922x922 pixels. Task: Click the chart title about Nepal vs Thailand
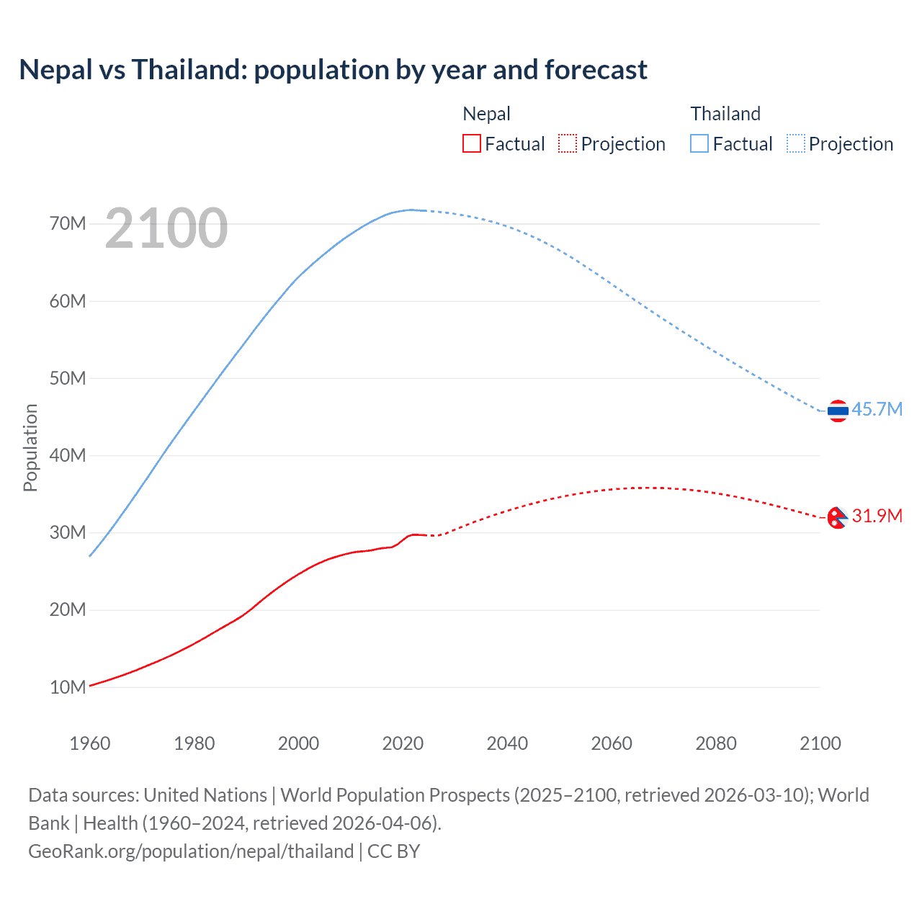(x=333, y=70)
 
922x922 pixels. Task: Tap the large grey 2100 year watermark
(x=166, y=228)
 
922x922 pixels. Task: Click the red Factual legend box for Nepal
(x=471, y=143)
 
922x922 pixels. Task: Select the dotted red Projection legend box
(x=568, y=143)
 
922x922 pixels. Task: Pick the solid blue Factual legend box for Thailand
(x=699, y=143)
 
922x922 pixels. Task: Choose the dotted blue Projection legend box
(x=795, y=143)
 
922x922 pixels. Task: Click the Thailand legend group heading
(x=725, y=114)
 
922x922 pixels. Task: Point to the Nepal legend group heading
(x=486, y=114)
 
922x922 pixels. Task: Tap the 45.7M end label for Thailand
(x=877, y=409)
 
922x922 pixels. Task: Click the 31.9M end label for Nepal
(x=877, y=516)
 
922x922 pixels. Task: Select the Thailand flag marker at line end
(x=838, y=411)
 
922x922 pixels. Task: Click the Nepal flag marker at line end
(x=837, y=517)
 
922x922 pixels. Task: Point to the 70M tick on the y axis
(x=68, y=223)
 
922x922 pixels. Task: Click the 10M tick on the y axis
(x=68, y=687)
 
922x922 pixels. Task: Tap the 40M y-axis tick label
(x=68, y=455)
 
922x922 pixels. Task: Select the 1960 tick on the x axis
(x=90, y=743)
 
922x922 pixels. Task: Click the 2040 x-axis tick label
(x=507, y=743)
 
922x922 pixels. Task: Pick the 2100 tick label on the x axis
(x=820, y=743)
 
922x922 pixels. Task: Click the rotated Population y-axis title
(x=30, y=447)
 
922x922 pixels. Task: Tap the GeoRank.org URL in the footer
(x=191, y=851)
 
